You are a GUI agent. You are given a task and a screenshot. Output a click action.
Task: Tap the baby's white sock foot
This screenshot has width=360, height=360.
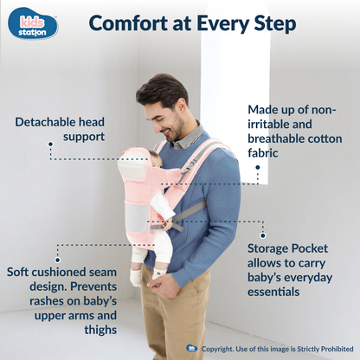[136, 278]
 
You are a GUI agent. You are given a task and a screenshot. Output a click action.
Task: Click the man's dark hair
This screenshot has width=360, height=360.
[162, 91]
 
